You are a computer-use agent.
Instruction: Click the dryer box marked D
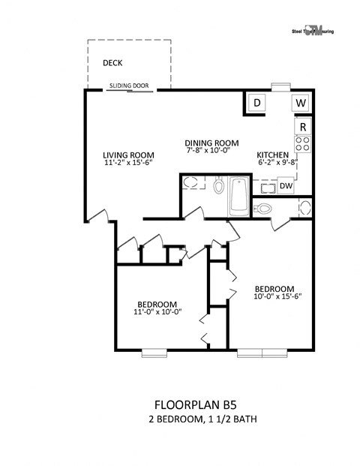[x=256, y=103]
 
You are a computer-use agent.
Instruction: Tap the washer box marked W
[x=300, y=103]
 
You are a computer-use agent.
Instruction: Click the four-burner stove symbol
[x=303, y=144]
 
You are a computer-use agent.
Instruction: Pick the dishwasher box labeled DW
[x=285, y=185]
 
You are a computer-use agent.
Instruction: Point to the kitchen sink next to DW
[x=265, y=186]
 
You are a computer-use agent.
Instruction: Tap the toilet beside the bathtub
[x=218, y=185]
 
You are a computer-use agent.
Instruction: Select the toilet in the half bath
[x=264, y=208]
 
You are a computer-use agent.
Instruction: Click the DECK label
[x=112, y=64]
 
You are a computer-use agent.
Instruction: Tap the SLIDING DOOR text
[x=127, y=86]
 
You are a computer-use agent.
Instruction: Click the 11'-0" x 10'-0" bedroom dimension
[x=157, y=312]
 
